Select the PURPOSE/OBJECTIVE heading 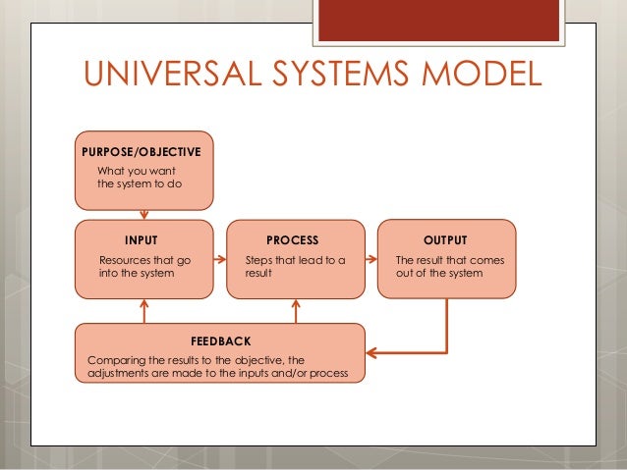tap(143, 152)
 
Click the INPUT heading tap(142, 239)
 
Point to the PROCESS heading tap(292, 239)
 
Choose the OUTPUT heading tap(444, 239)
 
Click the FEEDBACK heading tap(220, 340)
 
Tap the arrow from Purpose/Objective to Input tap(144, 213)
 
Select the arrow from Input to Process tap(219, 260)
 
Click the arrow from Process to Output tap(371, 260)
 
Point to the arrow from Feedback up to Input tap(144, 312)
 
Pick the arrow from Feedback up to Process tap(296, 312)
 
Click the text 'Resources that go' tap(146, 260)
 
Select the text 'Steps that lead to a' tap(295, 260)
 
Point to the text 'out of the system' tap(438, 273)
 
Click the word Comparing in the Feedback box tap(118, 360)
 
